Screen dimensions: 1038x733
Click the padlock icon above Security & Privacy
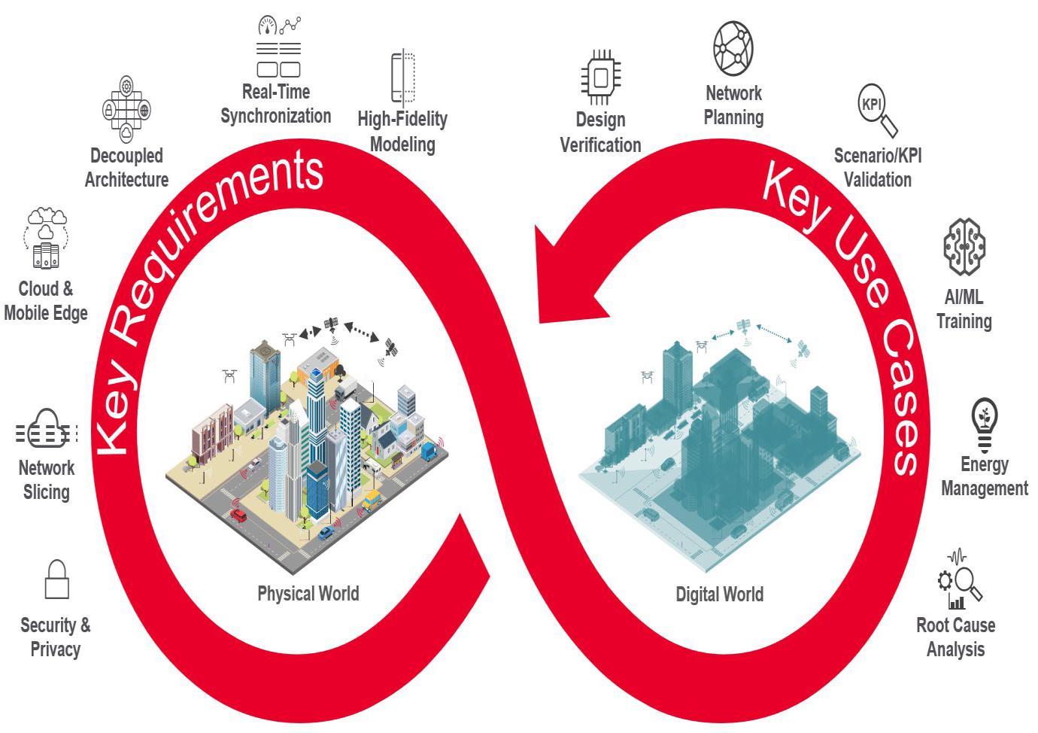pos(57,579)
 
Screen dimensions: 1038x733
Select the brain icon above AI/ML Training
pos(964,246)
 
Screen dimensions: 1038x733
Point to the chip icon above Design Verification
pos(601,78)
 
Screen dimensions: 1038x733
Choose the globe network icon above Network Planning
pos(733,48)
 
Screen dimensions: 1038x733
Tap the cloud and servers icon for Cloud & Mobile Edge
pos(47,238)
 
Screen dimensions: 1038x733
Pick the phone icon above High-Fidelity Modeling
pos(402,78)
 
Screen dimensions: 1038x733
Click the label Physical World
pos(308,594)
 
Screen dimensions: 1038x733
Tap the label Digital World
pos(719,595)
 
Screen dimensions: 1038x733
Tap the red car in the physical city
pos(238,516)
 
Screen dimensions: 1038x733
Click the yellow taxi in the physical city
pos(372,500)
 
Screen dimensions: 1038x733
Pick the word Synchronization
pos(275,116)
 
